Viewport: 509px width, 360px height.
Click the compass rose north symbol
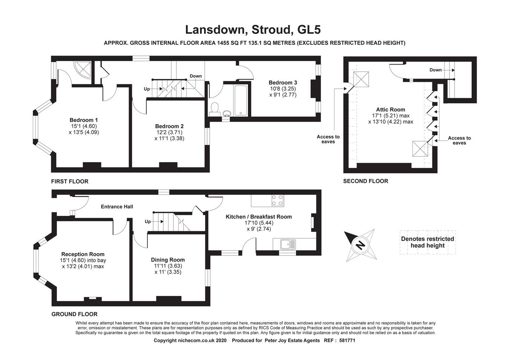pyautogui.click(x=360, y=245)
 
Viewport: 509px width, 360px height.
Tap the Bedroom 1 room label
pyautogui.click(x=84, y=120)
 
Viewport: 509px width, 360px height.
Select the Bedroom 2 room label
pyautogui.click(x=169, y=126)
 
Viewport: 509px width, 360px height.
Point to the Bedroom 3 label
pyautogui.click(x=283, y=83)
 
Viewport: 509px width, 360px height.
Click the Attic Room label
pyautogui.click(x=391, y=110)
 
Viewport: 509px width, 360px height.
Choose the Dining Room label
pyautogui.click(x=168, y=260)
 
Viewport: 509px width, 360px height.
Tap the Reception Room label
pyautogui.click(x=83, y=254)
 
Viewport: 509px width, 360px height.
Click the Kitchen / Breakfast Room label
pyautogui.click(x=259, y=217)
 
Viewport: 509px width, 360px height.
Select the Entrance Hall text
pyautogui.click(x=117, y=206)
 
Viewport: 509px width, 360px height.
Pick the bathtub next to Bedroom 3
pyautogui.click(x=241, y=100)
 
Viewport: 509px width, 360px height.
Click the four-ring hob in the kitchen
pyautogui.click(x=277, y=201)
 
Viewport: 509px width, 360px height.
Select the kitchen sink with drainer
pyautogui.click(x=288, y=245)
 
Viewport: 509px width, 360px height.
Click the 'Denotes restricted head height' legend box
pyautogui.click(x=428, y=242)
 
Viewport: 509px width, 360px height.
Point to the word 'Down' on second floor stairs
pyautogui.click(x=435, y=70)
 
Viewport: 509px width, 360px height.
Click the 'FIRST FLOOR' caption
pyautogui.click(x=70, y=182)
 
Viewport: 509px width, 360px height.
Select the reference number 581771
pyautogui.click(x=347, y=340)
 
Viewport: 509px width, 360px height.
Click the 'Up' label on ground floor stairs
pyautogui.click(x=148, y=222)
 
